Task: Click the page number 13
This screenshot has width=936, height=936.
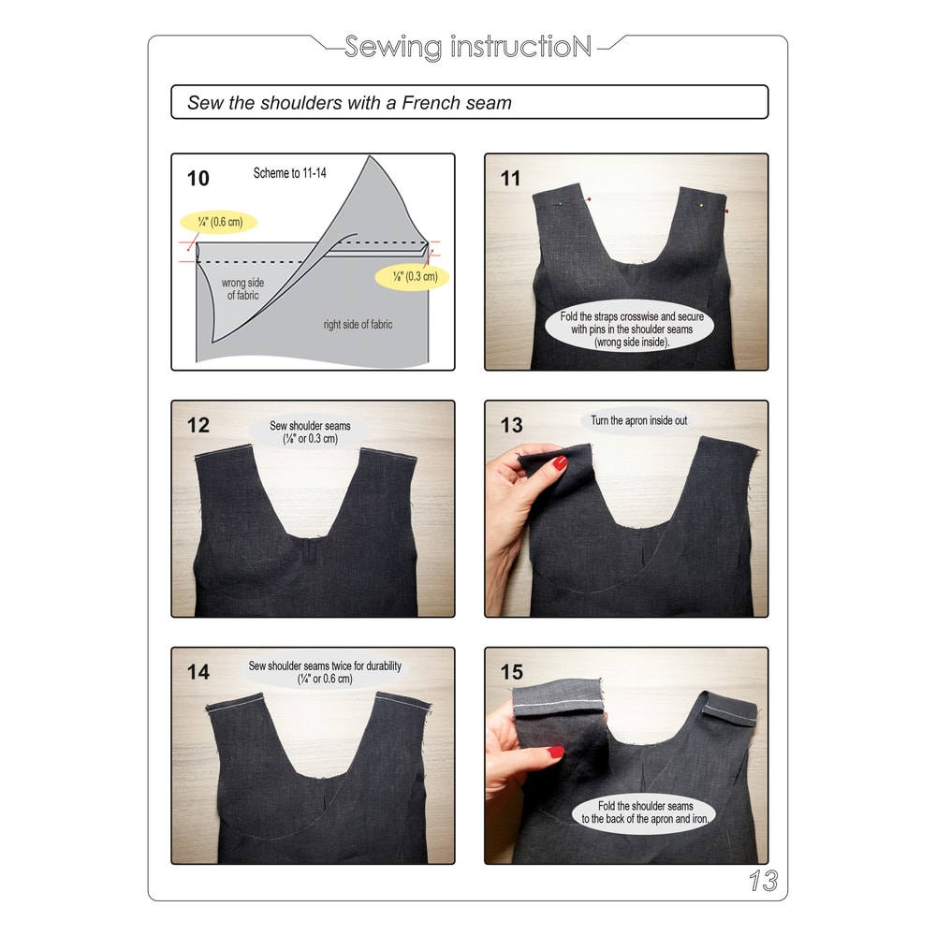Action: coord(763,881)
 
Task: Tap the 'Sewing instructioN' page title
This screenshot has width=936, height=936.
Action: coord(468,47)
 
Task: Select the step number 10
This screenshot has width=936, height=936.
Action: coord(198,178)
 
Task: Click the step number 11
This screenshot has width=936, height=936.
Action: coord(510,178)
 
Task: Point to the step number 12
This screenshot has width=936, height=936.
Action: coord(198,425)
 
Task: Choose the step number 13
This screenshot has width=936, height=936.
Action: coord(511,425)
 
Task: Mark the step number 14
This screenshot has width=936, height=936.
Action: coord(198,672)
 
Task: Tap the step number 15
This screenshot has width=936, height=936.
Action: coord(511,672)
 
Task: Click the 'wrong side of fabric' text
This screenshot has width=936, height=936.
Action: coord(241,288)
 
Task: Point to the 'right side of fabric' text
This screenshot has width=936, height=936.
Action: coord(358,325)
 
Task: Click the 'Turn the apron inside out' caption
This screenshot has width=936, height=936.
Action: coord(638,421)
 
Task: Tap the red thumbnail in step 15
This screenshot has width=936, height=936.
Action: coord(556,752)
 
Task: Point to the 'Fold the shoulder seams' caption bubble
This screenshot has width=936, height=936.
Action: coord(647,812)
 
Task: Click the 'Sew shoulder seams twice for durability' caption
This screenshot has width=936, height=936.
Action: coord(325,672)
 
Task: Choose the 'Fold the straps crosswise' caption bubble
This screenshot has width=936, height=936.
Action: coord(632,329)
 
